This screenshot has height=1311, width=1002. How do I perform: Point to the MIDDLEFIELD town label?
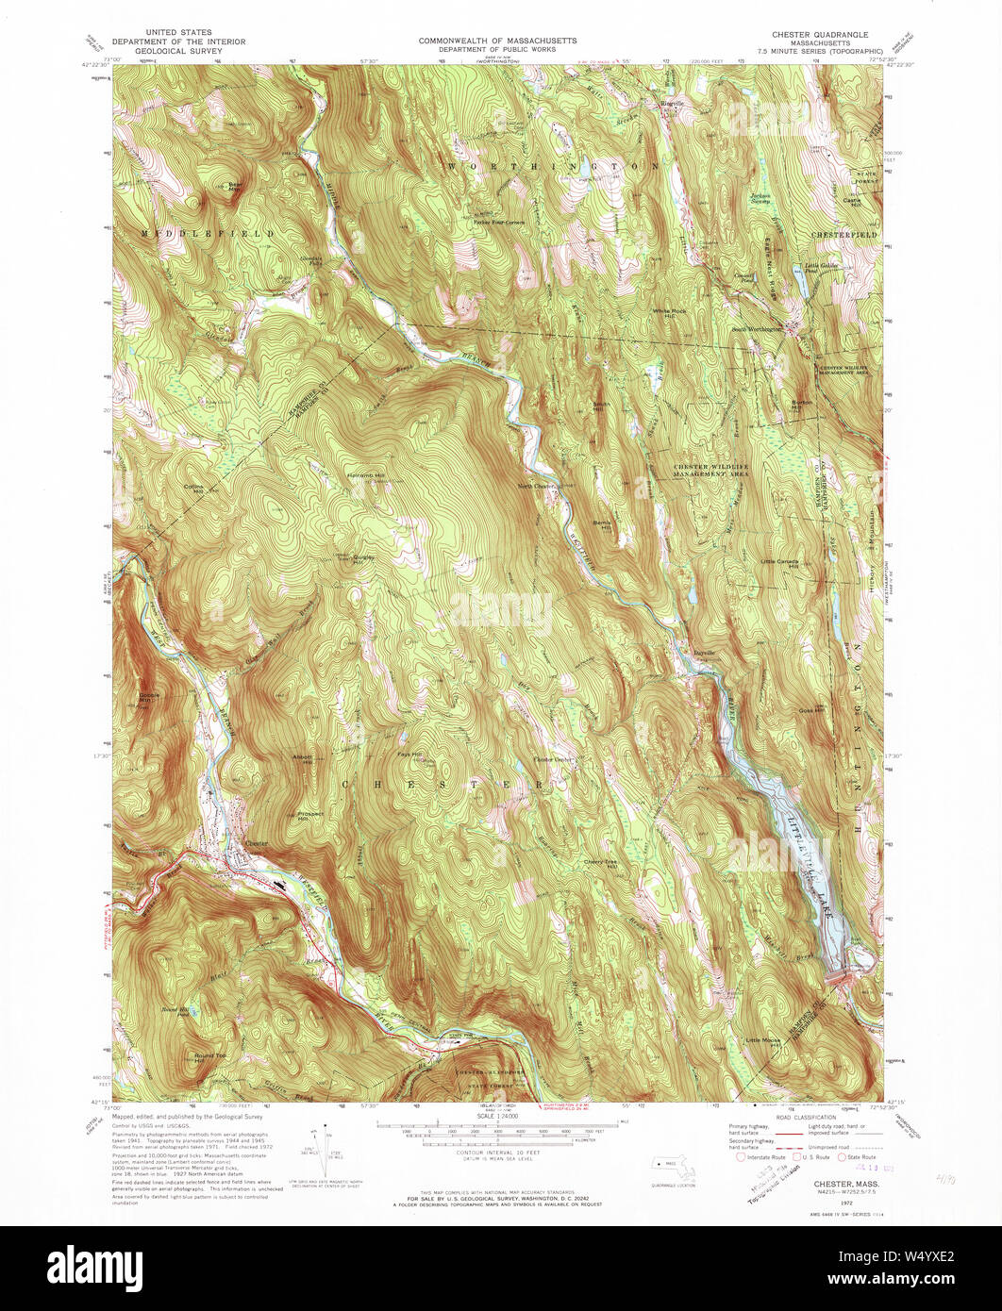click(x=209, y=232)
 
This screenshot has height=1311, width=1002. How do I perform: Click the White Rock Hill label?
click(x=667, y=312)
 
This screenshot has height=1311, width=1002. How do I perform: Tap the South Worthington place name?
click(x=758, y=329)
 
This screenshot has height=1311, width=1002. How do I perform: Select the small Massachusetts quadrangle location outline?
click(x=673, y=1170)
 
